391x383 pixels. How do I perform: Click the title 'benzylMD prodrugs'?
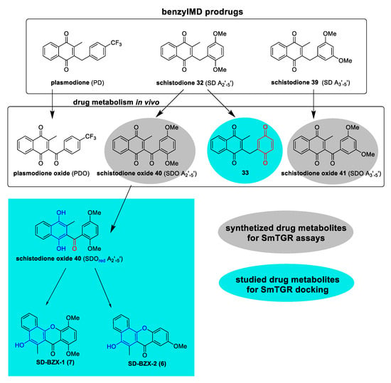[202, 12]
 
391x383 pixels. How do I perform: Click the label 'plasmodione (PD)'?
[77, 82]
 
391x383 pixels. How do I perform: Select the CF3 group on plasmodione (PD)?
[116, 43]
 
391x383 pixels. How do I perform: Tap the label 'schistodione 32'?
[180, 82]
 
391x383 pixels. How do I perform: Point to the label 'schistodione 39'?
[294, 82]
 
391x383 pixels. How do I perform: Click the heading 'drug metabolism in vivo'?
[116, 102]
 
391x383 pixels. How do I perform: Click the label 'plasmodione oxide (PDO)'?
[51, 173]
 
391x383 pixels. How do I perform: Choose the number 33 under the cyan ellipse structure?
[245, 173]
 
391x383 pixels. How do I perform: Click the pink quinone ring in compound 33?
[265, 145]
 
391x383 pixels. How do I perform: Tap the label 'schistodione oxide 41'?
[314, 173]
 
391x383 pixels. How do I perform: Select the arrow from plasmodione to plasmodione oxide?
[52, 104]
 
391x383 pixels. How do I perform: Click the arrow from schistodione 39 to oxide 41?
[314, 104]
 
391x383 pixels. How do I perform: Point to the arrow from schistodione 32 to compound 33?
[221, 104]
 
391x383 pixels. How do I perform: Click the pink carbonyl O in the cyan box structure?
[74, 249]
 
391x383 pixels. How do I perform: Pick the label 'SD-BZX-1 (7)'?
[55, 362]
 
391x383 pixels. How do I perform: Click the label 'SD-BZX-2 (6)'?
[147, 364]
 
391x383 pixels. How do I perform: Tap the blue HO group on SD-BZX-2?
[111, 346]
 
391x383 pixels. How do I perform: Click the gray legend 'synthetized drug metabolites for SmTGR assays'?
[286, 233]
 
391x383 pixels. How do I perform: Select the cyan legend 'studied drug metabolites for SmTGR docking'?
[286, 284]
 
